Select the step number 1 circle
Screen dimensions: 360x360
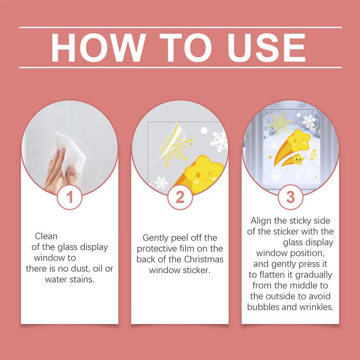tap(70, 197)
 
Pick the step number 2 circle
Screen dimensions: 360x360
tap(180, 197)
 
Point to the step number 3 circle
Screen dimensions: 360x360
tap(290, 197)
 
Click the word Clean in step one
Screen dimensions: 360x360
tap(46, 236)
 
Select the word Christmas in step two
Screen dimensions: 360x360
tap(204, 259)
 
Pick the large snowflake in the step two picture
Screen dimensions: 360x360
tap(219, 141)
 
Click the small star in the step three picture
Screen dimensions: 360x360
tap(298, 160)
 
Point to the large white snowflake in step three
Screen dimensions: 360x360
tap(309, 121)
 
